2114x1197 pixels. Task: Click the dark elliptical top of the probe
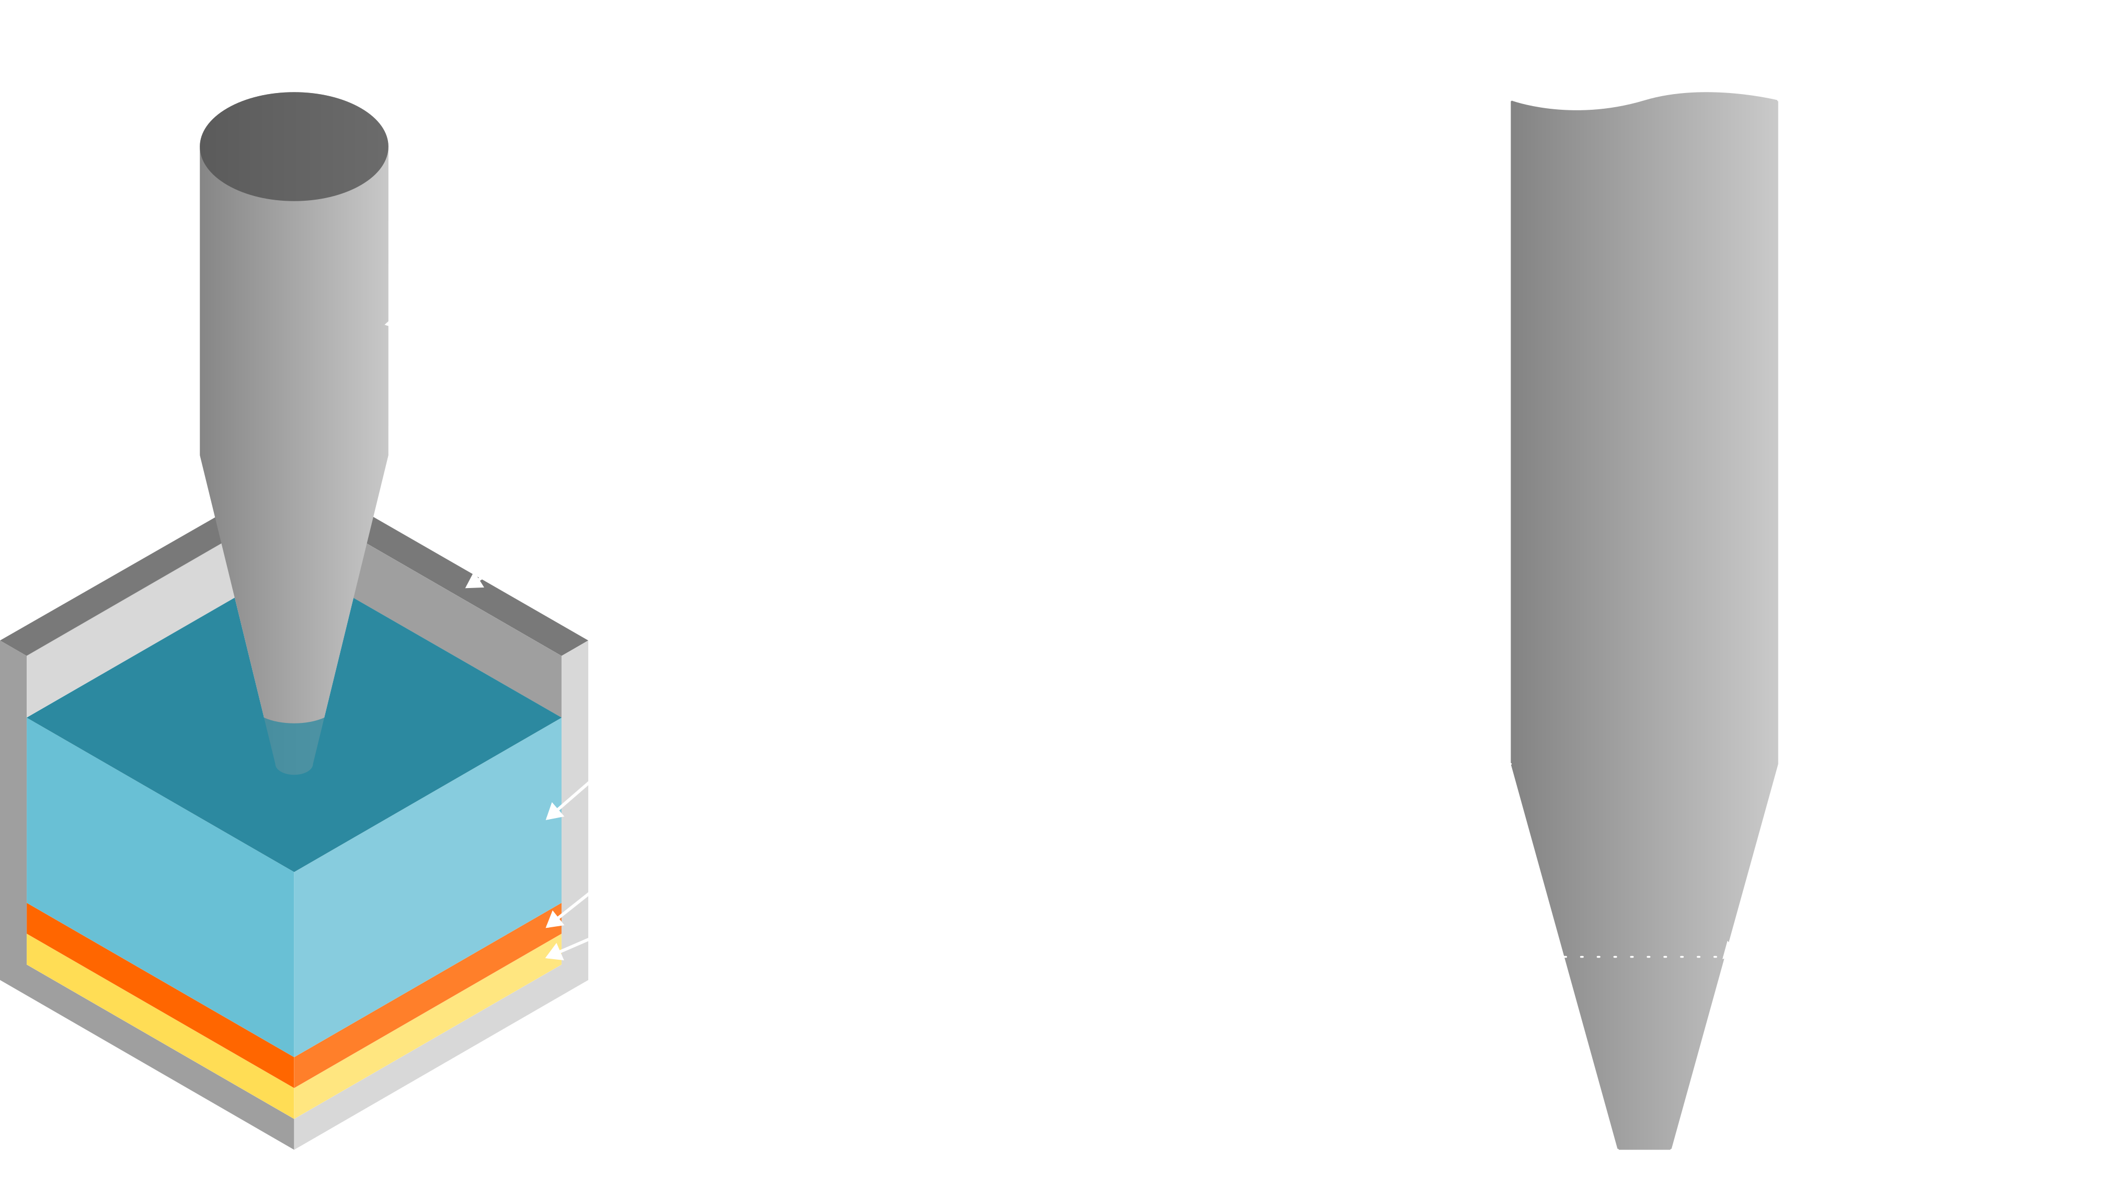(293, 146)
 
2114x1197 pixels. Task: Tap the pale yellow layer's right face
(428, 1028)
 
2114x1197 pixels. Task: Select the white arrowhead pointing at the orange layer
(553, 920)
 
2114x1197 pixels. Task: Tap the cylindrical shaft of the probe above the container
(293, 329)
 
